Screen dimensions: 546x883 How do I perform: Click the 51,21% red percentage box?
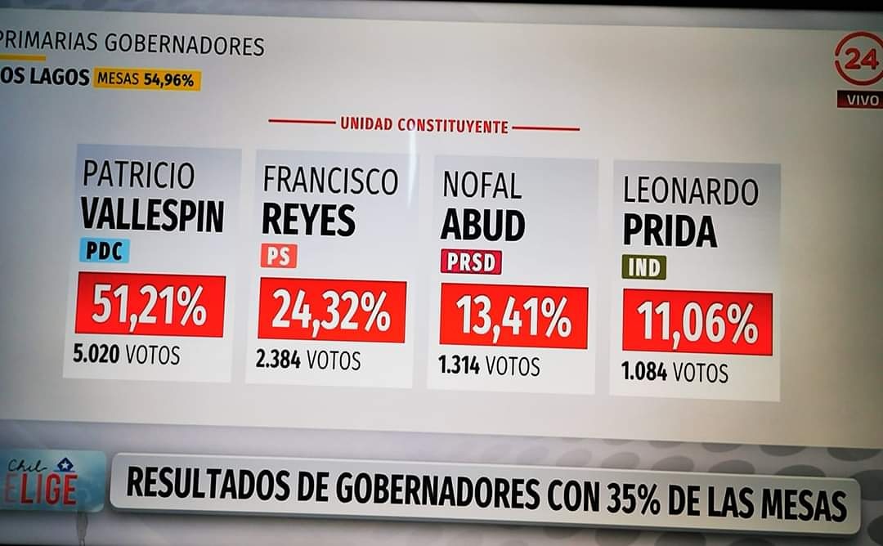150,305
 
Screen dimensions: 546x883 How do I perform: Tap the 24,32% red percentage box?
332,311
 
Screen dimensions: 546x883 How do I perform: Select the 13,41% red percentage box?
513,316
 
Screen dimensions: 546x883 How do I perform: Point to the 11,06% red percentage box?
697,322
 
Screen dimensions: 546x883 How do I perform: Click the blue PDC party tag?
104,250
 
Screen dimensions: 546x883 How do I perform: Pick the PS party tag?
278,256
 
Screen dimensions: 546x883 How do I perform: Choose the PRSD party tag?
471,262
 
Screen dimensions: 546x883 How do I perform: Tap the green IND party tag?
644,267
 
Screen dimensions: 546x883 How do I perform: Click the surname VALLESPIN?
152,215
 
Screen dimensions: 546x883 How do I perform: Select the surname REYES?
308,220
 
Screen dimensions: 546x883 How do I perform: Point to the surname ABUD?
482,226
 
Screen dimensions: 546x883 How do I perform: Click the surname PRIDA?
670,231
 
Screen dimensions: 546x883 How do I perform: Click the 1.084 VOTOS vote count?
675,373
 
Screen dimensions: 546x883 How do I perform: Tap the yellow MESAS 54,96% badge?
147,79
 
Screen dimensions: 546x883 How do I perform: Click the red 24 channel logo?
861,59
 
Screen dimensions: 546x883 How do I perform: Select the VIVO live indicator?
860,100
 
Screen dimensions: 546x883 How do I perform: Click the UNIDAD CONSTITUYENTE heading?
424,126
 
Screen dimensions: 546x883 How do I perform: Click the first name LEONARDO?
690,190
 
